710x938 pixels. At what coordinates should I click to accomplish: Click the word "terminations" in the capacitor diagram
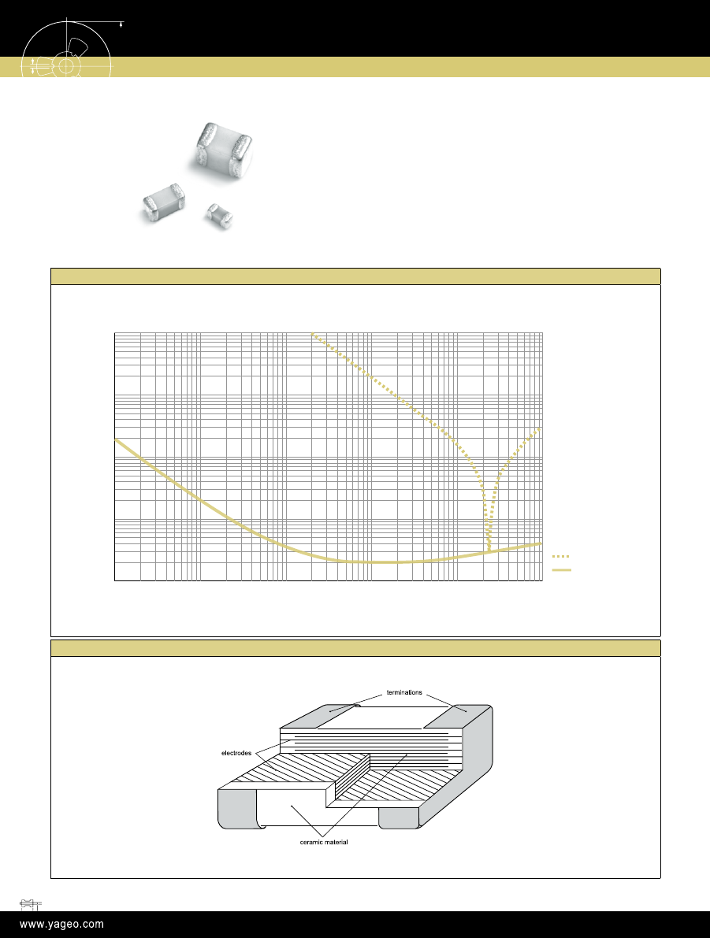404,692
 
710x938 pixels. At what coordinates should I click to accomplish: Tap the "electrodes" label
236,753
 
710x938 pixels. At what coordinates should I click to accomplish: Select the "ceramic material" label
324,842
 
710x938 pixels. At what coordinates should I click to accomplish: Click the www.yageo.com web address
61,925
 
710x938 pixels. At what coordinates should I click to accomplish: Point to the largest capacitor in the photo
224,150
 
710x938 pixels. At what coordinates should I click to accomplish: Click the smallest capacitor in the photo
219,215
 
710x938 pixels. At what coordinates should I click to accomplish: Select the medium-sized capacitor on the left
163,202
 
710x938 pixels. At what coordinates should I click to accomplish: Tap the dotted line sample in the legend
560,556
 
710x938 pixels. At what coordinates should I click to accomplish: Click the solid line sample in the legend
562,570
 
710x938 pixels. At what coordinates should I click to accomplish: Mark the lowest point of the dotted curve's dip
489,549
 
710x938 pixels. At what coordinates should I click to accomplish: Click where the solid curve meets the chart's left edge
115,439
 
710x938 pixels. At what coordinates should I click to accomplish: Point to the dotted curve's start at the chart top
312,333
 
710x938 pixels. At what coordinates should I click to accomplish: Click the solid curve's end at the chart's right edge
542,543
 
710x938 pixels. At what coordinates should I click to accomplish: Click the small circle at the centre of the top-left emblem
66,65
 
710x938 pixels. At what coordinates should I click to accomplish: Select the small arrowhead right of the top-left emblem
121,24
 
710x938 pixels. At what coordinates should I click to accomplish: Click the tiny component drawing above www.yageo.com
30,903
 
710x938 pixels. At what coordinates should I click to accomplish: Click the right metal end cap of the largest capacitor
242,154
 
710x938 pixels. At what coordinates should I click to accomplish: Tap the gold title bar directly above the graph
355,276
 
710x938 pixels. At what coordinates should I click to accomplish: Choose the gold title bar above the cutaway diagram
355,648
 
